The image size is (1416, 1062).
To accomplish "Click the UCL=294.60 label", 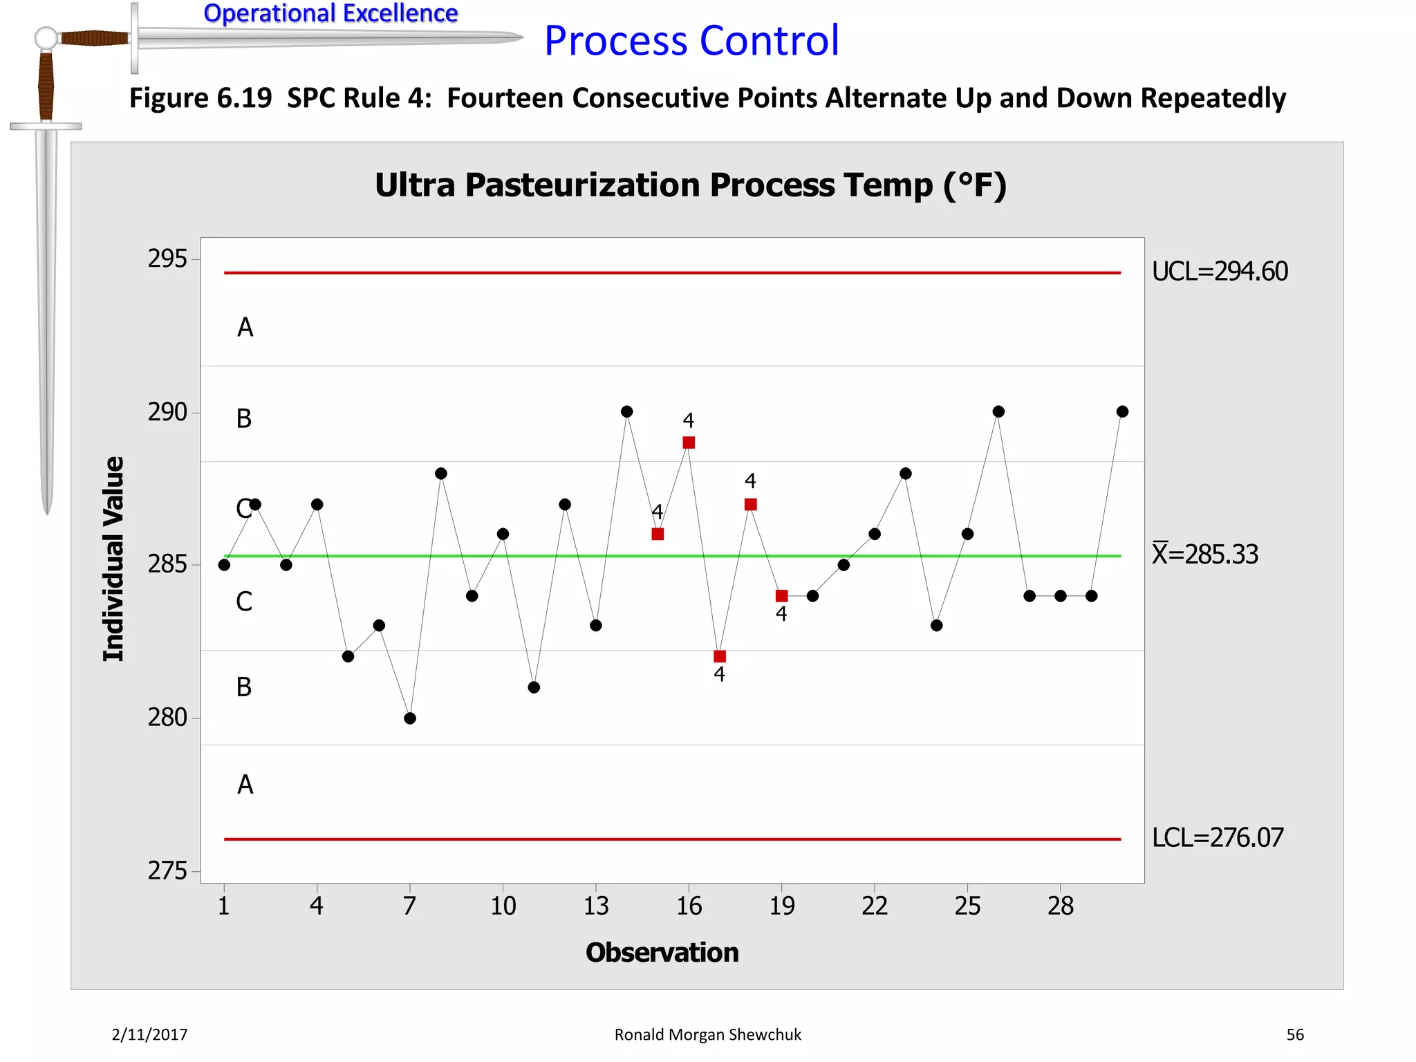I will [1220, 272].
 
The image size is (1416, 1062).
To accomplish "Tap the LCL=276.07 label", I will [1217, 838].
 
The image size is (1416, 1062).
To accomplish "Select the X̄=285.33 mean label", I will [1205, 555].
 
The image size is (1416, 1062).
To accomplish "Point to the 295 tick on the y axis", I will [167, 259].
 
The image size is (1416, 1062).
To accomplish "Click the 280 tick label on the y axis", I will [167, 718].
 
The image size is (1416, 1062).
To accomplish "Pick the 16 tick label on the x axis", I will [689, 906].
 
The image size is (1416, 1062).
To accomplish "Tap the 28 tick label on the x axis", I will [1061, 906].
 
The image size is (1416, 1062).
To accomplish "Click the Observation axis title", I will [662, 953].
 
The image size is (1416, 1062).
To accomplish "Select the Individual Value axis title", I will [114, 559].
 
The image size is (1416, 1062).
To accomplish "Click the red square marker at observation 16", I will [689, 442].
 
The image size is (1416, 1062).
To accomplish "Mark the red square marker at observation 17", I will [720, 656].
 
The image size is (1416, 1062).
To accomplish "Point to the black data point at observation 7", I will [410, 718].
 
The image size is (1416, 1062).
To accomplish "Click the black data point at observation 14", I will [627, 411].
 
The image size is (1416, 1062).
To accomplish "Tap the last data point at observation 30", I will [1122, 411].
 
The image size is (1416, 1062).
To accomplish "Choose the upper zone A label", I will [245, 328].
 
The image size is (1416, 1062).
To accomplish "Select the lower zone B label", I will [244, 687].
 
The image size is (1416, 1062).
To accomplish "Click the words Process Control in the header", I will [691, 41].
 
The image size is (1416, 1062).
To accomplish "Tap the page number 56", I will [1295, 1034].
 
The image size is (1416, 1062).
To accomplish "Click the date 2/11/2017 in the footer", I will [149, 1034].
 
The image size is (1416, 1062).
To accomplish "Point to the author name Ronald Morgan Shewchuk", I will [707, 1034].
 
